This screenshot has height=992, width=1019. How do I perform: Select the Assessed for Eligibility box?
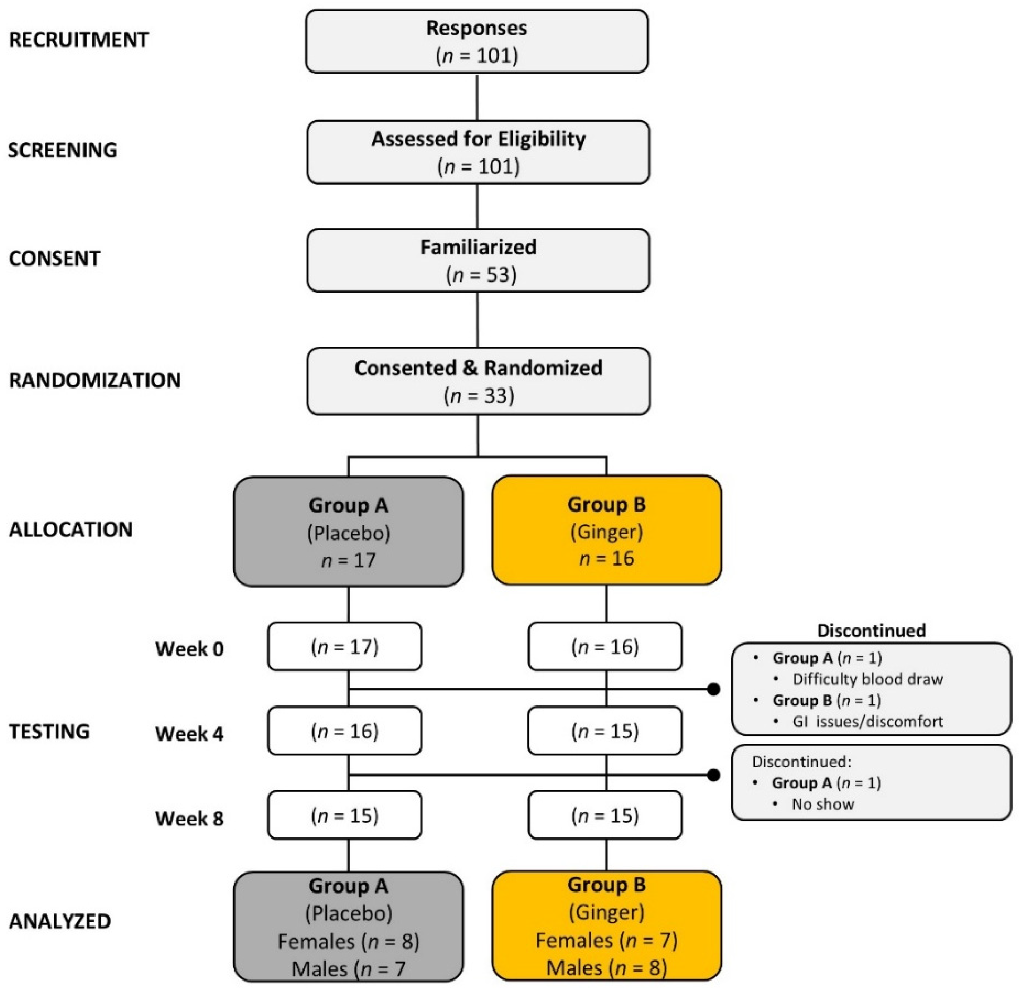point(477,152)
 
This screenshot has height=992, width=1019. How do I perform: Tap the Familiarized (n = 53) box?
point(477,260)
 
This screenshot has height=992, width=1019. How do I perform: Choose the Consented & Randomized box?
point(477,381)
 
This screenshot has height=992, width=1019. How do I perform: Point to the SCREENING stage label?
point(63,150)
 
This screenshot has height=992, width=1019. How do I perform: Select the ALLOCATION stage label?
point(71,529)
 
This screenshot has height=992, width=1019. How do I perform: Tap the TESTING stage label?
point(49,732)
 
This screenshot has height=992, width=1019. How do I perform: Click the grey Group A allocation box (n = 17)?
point(348,532)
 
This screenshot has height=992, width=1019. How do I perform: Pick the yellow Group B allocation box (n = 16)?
point(606,530)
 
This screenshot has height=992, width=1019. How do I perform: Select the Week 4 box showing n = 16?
point(345,731)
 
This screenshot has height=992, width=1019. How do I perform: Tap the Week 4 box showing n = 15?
point(605,731)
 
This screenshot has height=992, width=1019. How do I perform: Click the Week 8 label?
point(189,818)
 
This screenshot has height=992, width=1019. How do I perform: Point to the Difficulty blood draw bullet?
point(867,679)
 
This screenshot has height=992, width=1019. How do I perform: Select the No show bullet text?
point(823,804)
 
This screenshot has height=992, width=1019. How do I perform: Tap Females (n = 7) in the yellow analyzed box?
point(606,940)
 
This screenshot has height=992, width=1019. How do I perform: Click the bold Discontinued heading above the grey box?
point(871,630)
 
